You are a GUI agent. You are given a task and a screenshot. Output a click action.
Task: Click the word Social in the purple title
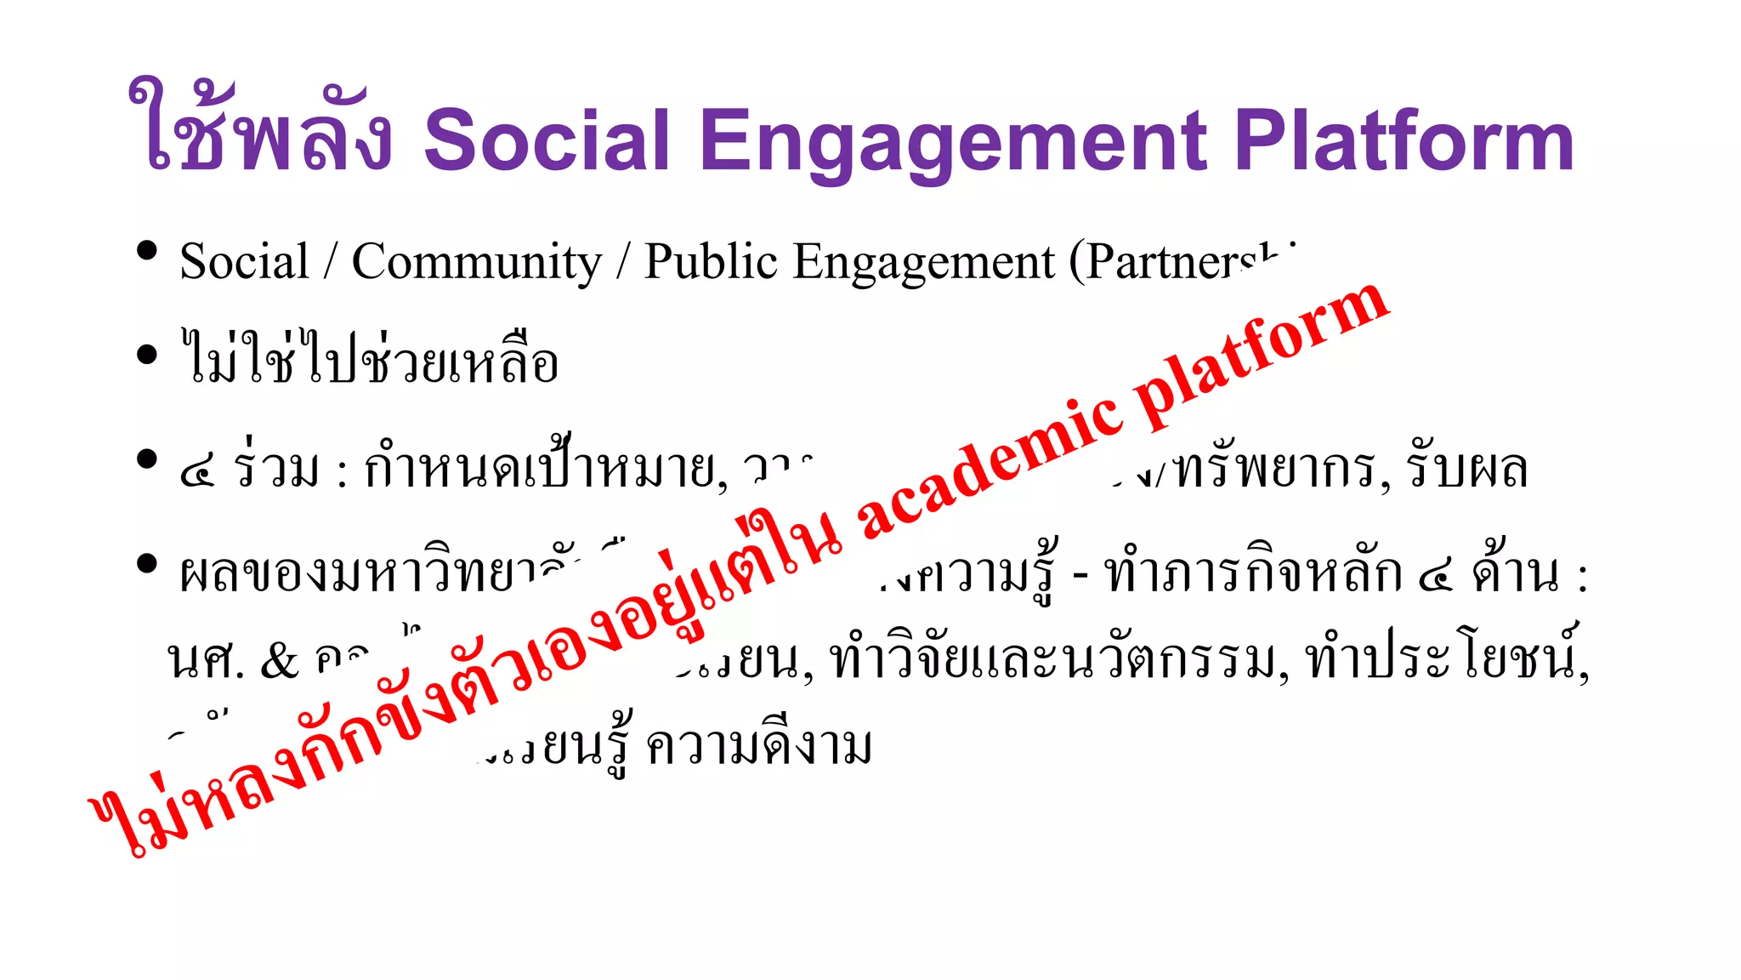(x=547, y=140)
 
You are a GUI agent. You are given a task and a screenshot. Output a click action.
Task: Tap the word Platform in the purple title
(x=1404, y=140)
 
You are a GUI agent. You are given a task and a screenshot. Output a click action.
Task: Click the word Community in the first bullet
(x=477, y=262)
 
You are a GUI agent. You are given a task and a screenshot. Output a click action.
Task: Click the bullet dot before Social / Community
(x=147, y=250)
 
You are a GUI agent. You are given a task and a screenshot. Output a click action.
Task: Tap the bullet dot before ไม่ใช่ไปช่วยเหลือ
(x=147, y=354)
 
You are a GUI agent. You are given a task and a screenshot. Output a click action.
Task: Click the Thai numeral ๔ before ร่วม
(x=197, y=472)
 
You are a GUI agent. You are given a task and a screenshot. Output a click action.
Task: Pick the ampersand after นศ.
(x=280, y=661)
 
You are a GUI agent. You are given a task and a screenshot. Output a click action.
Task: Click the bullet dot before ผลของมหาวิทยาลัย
(x=147, y=563)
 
